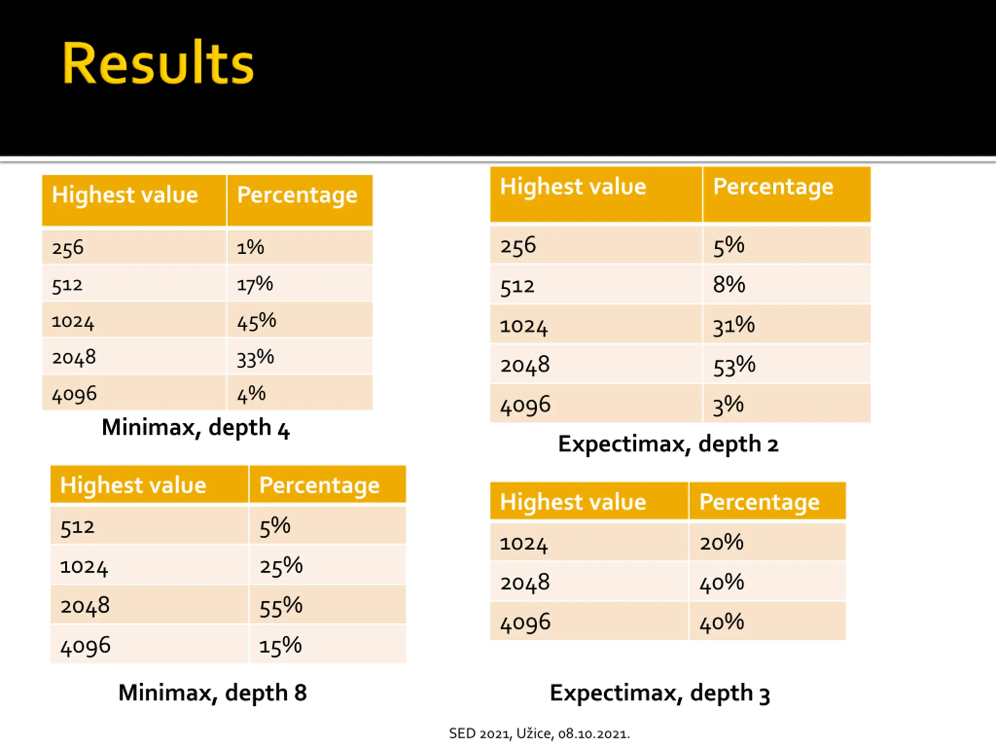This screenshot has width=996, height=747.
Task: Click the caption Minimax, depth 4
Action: (195, 427)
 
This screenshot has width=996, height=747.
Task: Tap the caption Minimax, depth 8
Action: (212, 693)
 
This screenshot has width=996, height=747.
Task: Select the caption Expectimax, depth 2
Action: (668, 444)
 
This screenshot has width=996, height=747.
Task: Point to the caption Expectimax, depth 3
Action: (659, 693)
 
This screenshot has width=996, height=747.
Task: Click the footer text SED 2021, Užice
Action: (539, 733)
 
